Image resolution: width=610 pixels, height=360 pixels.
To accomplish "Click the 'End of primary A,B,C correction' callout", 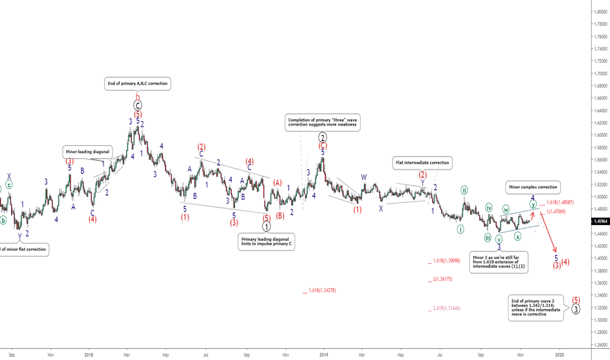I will (137, 84).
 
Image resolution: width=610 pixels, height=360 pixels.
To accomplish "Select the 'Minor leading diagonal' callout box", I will (87, 151).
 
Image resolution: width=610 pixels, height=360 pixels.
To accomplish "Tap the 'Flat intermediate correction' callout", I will (422, 162).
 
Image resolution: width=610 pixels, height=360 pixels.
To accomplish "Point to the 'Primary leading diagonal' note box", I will (266, 241).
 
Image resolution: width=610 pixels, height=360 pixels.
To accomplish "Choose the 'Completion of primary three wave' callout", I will (322, 122).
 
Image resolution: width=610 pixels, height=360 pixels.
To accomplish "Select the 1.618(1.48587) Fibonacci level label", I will (564, 203).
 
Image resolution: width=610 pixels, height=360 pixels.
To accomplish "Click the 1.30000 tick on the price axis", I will (600, 319).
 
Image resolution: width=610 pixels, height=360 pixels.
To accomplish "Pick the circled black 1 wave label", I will (266, 226).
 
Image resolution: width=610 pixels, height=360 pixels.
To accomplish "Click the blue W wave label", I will (364, 177).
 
